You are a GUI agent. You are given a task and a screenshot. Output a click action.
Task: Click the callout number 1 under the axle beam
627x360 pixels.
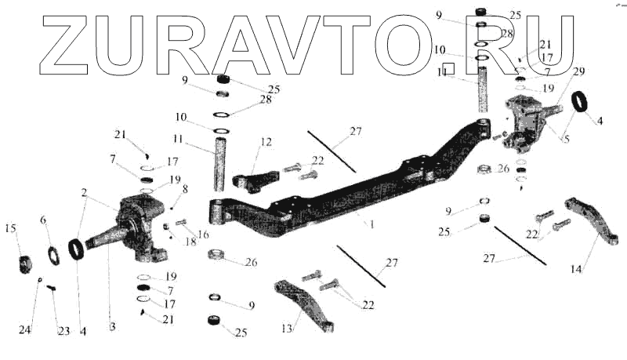tap(371, 224)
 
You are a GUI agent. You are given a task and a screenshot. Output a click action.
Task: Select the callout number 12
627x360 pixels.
tap(266, 142)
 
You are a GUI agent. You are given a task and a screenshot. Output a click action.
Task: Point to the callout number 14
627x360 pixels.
tap(576, 269)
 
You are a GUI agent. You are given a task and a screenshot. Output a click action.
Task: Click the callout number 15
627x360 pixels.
tap(10, 228)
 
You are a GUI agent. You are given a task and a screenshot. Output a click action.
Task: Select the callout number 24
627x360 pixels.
tap(25, 330)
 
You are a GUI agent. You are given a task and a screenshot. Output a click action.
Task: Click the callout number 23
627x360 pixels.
tap(63, 331)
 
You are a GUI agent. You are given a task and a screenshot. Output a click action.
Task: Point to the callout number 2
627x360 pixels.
tap(84, 191)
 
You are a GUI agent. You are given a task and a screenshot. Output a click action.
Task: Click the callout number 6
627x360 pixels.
tap(43, 220)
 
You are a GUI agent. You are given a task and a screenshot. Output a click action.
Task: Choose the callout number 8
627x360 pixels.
tap(185, 189)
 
